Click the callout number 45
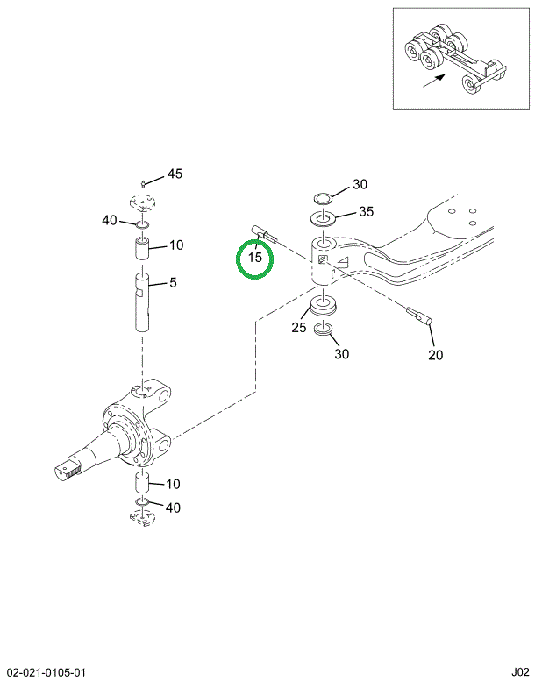point(175,174)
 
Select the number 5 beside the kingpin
point(173,282)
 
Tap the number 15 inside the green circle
point(255,258)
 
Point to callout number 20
point(436,355)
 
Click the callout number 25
point(298,328)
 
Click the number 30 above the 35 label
point(360,184)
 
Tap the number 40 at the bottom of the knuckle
point(173,507)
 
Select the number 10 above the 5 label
point(175,245)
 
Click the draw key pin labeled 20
point(423,315)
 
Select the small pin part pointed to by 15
point(264,234)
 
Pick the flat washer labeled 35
point(322,218)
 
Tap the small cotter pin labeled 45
point(142,182)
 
